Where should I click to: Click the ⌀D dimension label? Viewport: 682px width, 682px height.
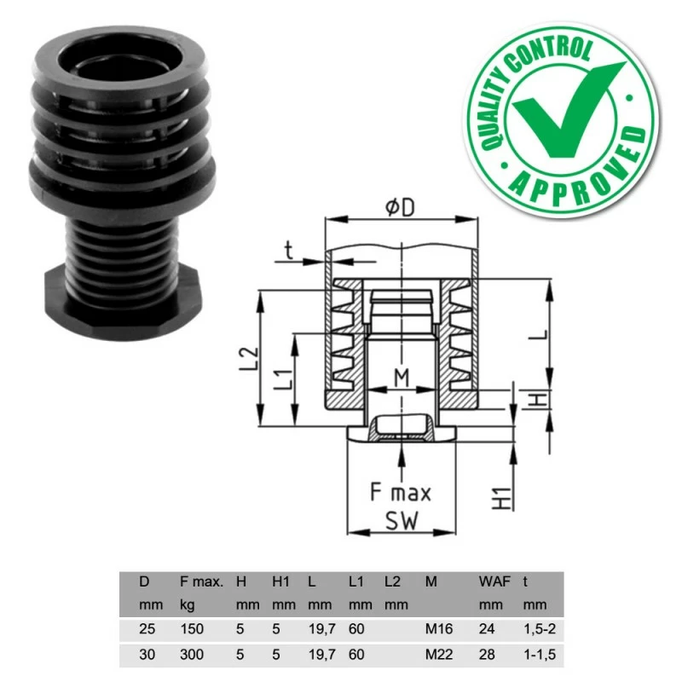pos(401,207)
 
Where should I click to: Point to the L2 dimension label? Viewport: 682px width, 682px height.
pos(246,359)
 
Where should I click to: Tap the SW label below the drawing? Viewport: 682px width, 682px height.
pos(401,522)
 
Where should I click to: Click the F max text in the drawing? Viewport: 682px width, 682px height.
pos(401,493)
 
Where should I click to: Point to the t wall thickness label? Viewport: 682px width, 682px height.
pos(288,250)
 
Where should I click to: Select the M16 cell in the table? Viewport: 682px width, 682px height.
pos(440,631)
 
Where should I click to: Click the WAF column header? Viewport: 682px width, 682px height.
pos(494,582)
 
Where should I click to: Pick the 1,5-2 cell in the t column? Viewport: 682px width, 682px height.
pos(541,631)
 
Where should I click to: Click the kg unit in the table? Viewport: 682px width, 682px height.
pos(188,605)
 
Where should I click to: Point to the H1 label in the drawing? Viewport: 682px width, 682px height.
pos(504,493)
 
